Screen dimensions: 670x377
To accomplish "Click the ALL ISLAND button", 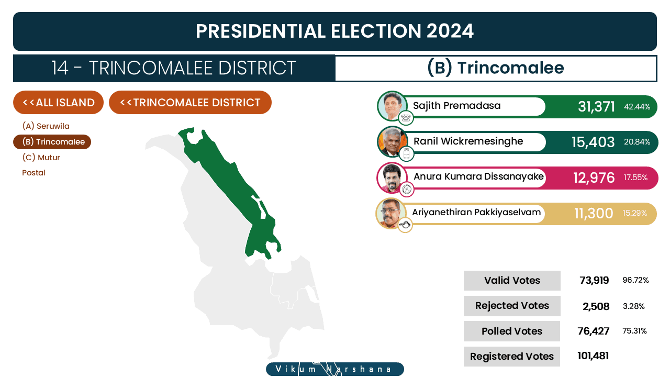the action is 58,102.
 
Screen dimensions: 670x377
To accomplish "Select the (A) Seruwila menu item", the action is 46,126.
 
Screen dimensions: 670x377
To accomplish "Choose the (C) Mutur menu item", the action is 41,158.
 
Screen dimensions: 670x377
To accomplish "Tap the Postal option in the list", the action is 34,173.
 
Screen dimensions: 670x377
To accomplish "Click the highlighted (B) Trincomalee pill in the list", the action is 52,142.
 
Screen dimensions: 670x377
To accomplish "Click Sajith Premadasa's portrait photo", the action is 392,106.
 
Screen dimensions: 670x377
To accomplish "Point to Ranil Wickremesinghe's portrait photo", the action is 392,141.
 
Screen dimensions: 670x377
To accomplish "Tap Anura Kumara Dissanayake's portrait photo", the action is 392,178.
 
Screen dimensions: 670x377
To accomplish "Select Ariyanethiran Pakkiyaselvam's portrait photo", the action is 390,213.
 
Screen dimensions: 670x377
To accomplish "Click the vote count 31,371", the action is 596,106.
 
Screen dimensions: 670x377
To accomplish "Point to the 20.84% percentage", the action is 637,142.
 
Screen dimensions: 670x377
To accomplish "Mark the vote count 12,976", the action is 594,178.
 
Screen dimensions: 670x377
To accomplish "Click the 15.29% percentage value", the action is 635,213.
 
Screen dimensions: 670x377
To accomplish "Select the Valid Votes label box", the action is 512,280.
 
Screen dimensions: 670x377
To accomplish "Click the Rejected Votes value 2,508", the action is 596,306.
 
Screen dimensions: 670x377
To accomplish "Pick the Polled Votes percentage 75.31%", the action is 634,331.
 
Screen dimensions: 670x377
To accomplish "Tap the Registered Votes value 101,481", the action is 593,356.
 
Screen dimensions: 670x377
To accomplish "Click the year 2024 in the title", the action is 450,31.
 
